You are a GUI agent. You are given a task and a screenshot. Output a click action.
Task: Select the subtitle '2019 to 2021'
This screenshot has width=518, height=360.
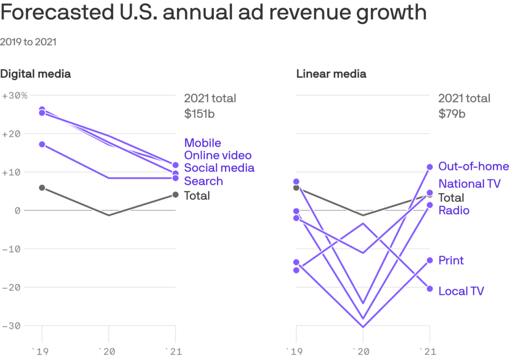coord(28,42)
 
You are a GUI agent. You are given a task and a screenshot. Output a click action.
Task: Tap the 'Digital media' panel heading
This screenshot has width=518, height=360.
coord(35,74)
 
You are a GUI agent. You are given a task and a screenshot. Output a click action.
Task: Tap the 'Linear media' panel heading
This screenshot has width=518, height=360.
coord(331,74)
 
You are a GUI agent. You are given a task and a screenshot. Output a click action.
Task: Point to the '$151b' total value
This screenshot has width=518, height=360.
coord(199,113)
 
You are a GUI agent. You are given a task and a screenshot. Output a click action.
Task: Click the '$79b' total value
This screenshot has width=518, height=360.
coord(452,113)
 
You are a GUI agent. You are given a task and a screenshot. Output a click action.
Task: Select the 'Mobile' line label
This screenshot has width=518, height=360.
coord(202,143)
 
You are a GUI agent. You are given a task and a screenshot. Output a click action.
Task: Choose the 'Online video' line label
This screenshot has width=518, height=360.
coord(218,155)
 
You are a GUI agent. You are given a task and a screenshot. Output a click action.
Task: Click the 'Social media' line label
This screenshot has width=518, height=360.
coord(219,168)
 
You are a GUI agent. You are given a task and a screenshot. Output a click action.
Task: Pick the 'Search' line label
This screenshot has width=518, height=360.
coord(203,181)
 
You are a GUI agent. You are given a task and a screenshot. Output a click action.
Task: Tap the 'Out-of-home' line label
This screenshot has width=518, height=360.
coord(473,166)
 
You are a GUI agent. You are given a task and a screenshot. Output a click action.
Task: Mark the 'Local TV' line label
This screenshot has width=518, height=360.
coord(461,291)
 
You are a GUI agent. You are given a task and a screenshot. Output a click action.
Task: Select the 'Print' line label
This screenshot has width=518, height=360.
coord(451,260)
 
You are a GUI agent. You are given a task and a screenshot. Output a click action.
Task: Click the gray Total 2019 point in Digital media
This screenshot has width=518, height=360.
coord(42,188)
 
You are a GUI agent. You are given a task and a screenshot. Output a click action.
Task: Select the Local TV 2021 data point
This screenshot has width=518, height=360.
coord(430,289)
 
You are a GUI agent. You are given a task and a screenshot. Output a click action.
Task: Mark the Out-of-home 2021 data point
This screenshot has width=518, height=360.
coord(430,167)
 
